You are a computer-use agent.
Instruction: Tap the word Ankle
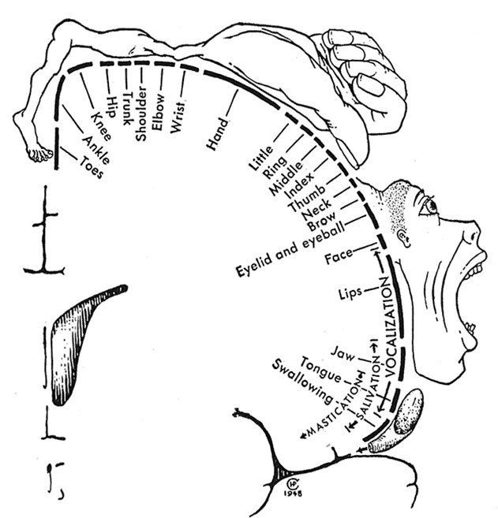point(96,150)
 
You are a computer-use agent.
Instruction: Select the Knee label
point(101,126)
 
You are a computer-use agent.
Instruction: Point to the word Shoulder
point(141,114)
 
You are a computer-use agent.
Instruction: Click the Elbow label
point(158,112)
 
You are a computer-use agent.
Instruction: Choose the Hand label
point(218,134)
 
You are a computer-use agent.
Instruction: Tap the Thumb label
point(307,198)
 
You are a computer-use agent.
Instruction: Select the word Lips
point(350,293)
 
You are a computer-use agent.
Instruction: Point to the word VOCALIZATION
point(389,326)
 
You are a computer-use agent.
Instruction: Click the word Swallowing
point(302,382)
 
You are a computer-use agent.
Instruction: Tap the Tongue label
point(320,370)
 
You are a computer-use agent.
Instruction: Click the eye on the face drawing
point(430,206)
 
